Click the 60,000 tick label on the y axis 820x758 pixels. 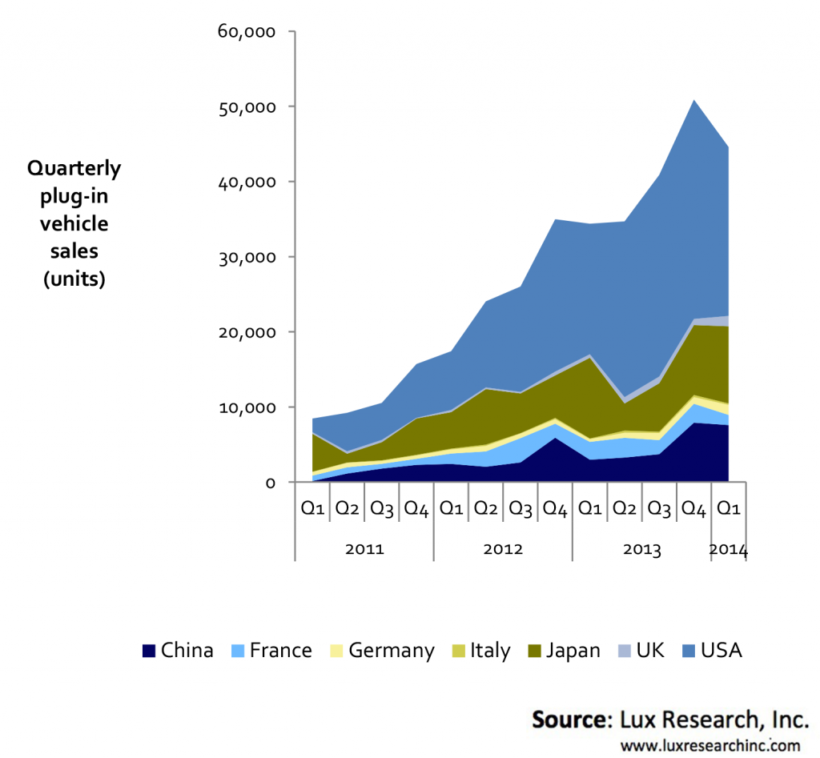[247, 32]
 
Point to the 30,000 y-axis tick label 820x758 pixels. [247, 257]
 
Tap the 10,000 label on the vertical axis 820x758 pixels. [247, 407]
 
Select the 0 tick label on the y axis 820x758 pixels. [271, 483]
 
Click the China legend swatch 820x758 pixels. [149, 651]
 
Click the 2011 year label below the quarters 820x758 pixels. [365, 550]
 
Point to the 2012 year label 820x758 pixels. [503, 550]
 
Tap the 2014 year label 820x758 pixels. [729, 550]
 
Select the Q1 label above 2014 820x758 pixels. [728, 508]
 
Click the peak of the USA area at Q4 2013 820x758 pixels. [693, 100]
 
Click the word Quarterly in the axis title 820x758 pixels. [74, 168]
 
